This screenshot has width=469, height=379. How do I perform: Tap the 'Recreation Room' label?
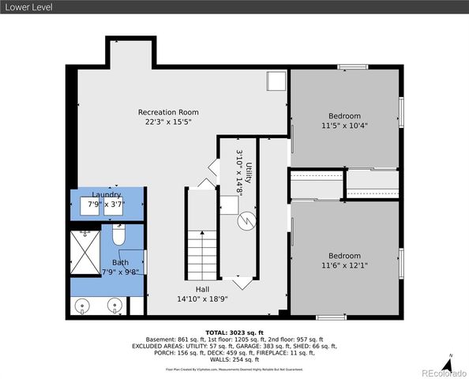pyautogui.click(x=168, y=112)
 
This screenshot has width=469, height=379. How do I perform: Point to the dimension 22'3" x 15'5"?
pyautogui.click(x=168, y=122)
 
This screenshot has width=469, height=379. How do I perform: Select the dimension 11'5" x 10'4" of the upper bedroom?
pyautogui.click(x=344, y=126)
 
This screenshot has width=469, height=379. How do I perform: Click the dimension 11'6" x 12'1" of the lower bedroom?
pyautogui.click(x=344, y=266)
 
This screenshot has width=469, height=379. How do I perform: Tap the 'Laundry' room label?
pyautogui.click(x=107, y=194)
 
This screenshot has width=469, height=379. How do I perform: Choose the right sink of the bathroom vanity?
pyautogui.click(x=115, y=304)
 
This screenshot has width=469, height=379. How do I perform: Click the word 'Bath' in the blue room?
pyautogui.click(x=120, y=262)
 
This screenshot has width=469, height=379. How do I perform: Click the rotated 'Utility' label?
pyautogui.click(x=248, y=172)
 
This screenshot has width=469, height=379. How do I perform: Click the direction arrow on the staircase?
pyautogui.click(x=203, y=237)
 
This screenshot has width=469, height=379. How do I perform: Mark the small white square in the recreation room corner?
pyautogui.click(x=276, y=81)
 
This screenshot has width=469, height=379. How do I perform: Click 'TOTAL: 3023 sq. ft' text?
pyautogui.click(x=234, y=333)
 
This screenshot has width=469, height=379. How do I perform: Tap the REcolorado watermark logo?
pyautogui.click(x=443, y=373)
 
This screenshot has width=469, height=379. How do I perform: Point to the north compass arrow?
pyautogui.click(x=448, y=365)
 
